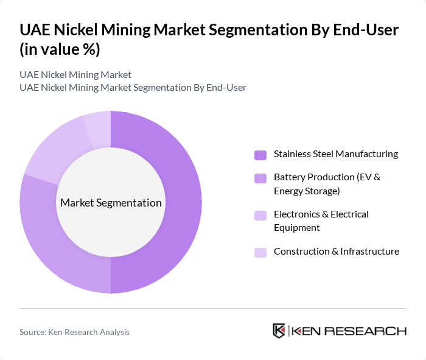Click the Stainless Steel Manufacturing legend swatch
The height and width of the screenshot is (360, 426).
click(x=260, y=155)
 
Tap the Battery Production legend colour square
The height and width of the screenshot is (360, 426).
click(x=260, y=178)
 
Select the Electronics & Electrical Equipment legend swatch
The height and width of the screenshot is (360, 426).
click(x=260, y=215)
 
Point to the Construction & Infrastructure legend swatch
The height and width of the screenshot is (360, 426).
click(x=260, y=252)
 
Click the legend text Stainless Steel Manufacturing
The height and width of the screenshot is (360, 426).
click(x=335, y=154)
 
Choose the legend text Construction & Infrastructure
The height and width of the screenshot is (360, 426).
click(x=336, y=252)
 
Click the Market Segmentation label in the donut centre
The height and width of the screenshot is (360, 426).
click(x=111, y=203)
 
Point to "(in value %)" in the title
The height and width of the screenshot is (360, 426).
click(x=60, y=49)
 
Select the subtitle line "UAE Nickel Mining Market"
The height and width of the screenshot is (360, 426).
click(x=75, y=75)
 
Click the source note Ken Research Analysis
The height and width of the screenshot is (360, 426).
click(x=74, y=332)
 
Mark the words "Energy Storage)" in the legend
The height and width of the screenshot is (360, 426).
click(x=307, y=191)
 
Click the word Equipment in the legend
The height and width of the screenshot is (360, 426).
click(x=296, y=228)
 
